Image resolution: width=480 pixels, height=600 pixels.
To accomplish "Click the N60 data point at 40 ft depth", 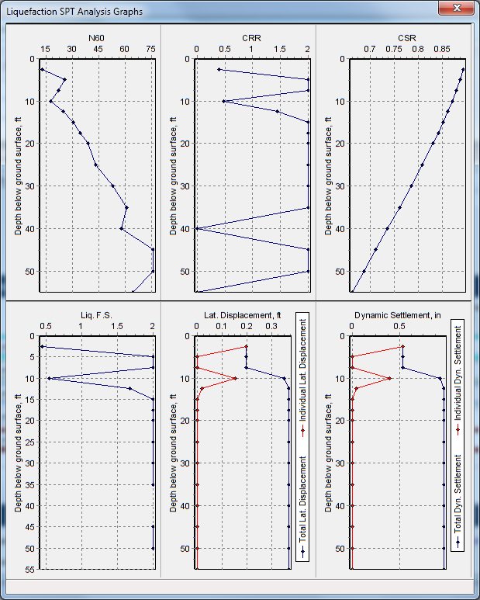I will click(x=122, y=228).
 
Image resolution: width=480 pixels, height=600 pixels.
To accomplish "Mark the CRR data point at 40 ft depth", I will click(x=197, y=228).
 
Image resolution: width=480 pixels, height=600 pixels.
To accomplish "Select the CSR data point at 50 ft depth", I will click(x=364, y=271).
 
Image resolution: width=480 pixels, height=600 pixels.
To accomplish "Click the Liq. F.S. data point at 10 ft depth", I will click(x=49, y=379).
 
